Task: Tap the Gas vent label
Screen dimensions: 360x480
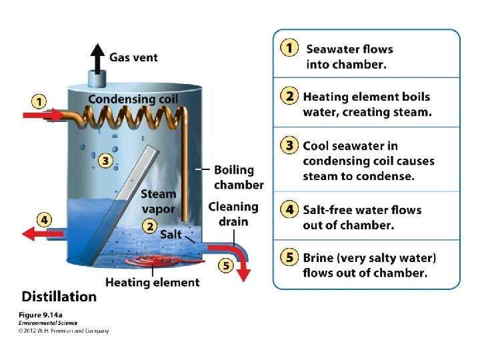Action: [x=133, y=57]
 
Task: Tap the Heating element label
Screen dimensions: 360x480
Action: [x=152, y=282]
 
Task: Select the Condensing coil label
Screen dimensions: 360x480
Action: [x=133, y=99]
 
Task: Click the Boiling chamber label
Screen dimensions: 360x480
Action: [x=238, y=177]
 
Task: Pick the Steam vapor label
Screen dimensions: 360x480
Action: [x=158, y=201]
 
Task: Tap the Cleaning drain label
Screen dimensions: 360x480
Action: [x=233, y=214]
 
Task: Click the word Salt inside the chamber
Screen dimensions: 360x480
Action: [x=171, y=234]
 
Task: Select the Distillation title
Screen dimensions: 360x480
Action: [x=59, y=296]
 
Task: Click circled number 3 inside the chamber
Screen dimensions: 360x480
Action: [x=105, y=161]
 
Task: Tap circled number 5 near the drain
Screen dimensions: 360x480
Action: [x=226, y=266]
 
